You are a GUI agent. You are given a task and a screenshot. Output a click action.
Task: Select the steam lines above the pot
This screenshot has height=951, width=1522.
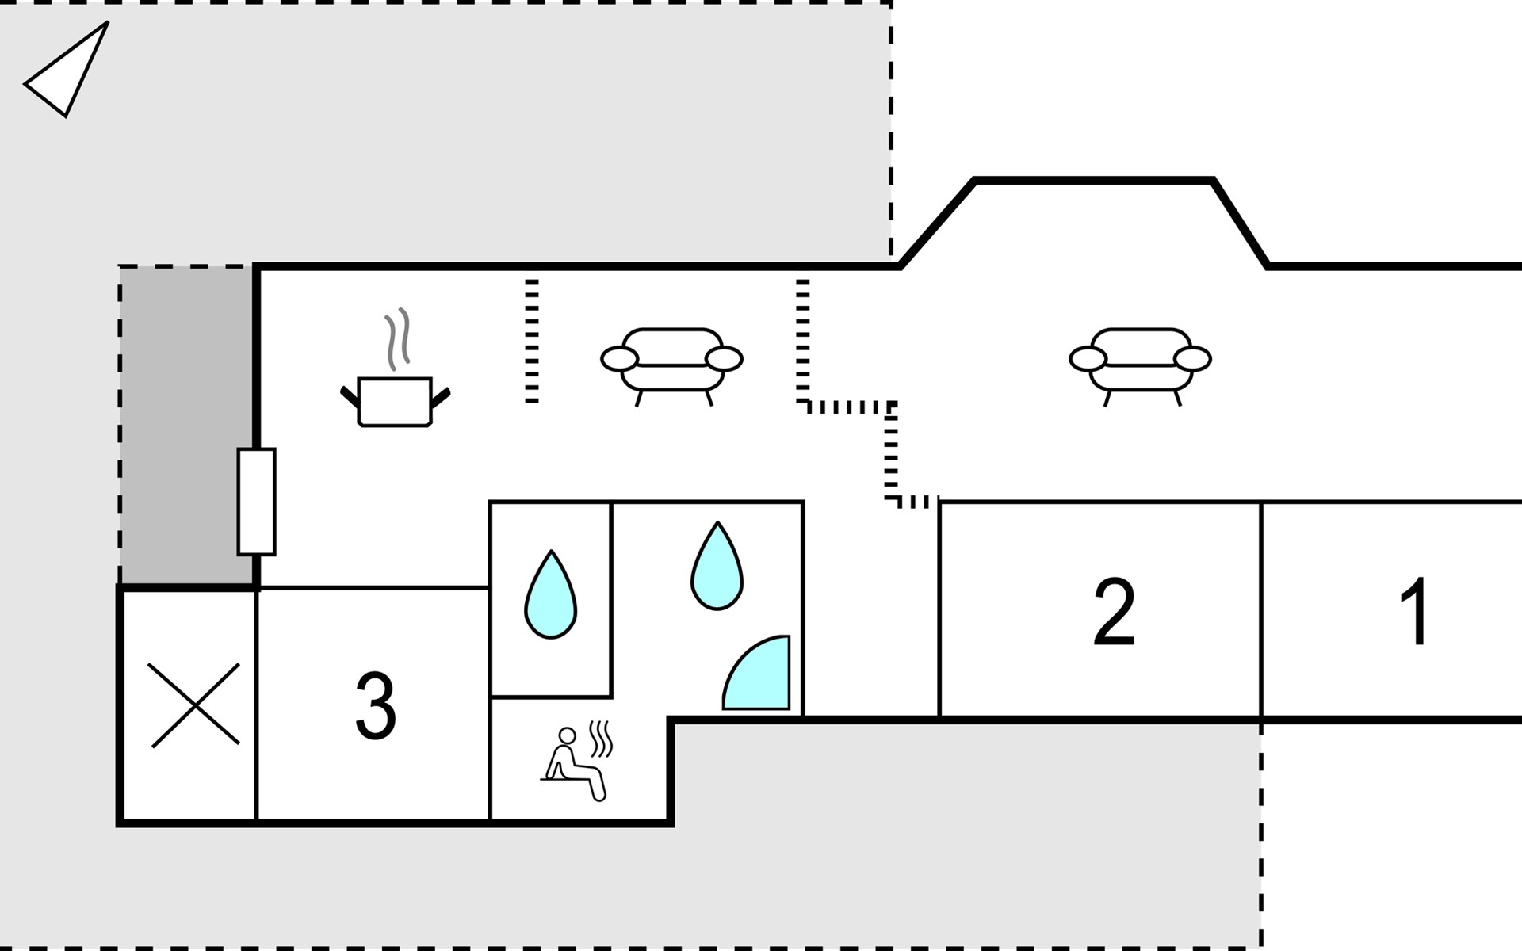398,338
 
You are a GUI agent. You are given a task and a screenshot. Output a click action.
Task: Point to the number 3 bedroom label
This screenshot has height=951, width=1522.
375,705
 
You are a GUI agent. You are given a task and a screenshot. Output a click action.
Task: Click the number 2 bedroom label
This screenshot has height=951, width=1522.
1114,612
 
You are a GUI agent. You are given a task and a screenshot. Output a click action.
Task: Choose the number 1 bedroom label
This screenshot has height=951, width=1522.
1414,612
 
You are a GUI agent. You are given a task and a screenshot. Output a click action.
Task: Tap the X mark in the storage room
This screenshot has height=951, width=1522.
194,705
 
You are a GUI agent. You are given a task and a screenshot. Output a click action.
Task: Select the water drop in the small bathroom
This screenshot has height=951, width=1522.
550,596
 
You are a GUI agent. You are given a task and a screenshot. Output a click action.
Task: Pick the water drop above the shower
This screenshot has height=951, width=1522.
717,567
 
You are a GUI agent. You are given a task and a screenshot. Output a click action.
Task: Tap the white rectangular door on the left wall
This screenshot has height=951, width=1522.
256,502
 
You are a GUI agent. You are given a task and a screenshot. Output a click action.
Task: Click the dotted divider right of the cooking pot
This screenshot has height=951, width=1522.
531,341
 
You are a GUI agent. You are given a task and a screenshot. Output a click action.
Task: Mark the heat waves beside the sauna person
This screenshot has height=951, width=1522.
602,739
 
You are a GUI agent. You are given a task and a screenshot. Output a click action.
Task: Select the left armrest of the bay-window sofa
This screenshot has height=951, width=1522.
1087,359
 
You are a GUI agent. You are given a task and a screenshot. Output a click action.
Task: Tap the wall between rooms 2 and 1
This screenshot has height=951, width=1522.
1261,610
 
